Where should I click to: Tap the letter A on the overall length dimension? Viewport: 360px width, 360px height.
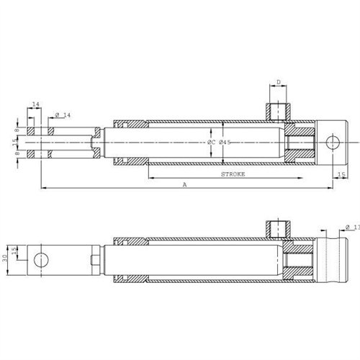click(186, 185)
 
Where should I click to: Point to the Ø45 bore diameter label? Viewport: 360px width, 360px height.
click(225, 143)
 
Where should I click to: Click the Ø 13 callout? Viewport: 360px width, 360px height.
click(352, 228)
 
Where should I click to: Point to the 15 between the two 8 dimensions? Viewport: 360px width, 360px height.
click(17, 141)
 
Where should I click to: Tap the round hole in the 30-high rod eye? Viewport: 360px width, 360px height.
click(42, 258)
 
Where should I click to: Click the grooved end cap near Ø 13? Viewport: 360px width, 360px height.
click(334, 258)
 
